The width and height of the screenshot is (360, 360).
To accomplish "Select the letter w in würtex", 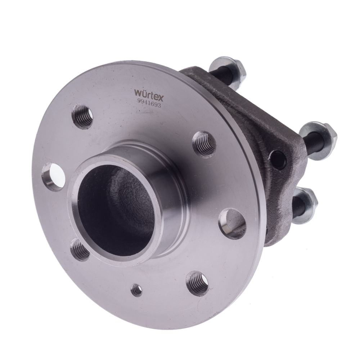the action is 139,93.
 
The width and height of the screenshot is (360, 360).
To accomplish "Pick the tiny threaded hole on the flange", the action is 136,290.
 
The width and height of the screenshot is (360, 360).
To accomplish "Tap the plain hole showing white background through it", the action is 53,177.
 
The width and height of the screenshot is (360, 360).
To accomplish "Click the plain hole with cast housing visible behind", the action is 231,222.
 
